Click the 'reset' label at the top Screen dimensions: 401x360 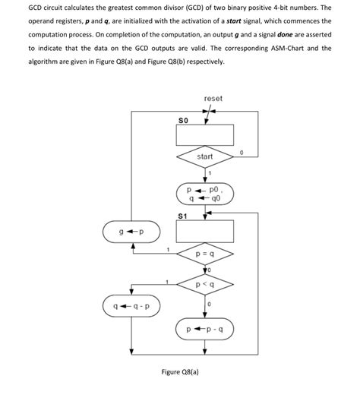(213, 99)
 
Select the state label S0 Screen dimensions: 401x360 (182, 120)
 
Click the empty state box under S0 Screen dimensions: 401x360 (205, 136)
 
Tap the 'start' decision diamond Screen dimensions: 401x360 (205, 157)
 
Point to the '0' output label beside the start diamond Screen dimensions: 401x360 (241, 153)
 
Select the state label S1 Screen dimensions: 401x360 (182, 216)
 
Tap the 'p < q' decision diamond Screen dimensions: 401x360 (205, 286)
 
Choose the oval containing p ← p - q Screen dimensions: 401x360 (205, 331)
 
